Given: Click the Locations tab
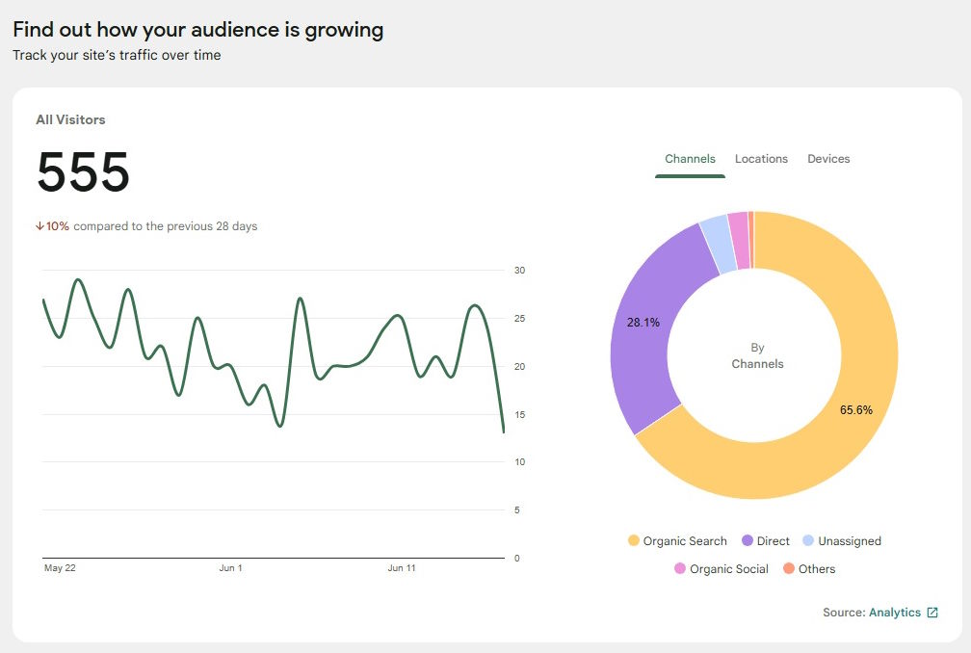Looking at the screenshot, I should coord(761,159).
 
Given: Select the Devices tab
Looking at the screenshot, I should coord(828,159).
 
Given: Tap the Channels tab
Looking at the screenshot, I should coord(690,159).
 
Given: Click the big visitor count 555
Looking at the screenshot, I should coord(83,173).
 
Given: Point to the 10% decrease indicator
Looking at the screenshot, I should coord(53,226).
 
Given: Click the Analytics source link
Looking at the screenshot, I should coord(894,613).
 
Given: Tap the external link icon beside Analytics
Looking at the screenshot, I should coord(932,613).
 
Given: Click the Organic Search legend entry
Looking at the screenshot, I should coord(677,541).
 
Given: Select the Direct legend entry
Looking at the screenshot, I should coord(766,541).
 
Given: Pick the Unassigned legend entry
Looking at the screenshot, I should coord(841,541).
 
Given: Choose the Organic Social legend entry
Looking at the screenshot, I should coord(721,569).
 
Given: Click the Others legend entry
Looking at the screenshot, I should coord(808,569).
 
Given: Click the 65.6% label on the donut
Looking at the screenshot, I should coord(855,410).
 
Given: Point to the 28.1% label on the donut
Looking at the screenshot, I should coord(643,323).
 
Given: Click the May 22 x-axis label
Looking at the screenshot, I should coord(60,568).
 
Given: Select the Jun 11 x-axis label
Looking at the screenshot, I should coord(402,568).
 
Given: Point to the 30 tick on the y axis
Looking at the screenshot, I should coord(519,271).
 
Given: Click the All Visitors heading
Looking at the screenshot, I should coord(70,120).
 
